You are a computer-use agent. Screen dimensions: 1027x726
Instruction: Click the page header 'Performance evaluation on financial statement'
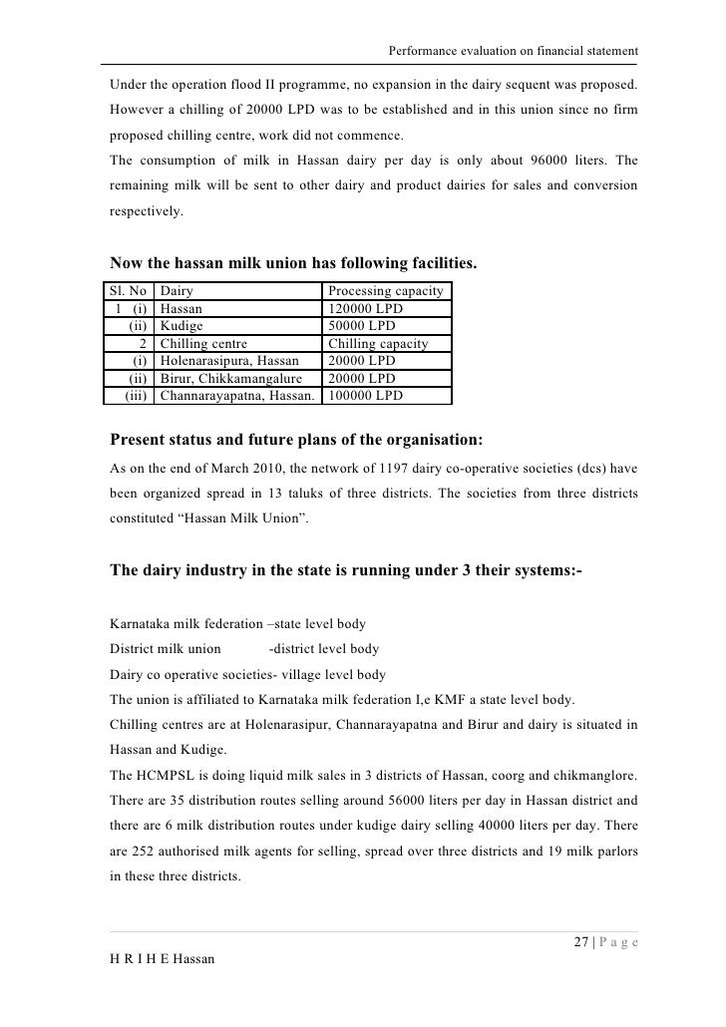point(513,51)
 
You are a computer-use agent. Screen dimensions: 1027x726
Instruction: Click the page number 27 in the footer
point(581,943)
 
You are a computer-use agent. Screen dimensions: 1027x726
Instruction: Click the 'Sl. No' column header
point(131,291)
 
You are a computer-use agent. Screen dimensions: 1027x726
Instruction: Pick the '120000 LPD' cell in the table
point(365,309)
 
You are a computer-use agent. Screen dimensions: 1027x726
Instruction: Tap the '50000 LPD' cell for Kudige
point(361,326)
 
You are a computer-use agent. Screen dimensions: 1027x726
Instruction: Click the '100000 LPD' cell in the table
point(365,396)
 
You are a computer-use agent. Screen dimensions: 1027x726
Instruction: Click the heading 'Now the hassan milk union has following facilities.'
point(293,264)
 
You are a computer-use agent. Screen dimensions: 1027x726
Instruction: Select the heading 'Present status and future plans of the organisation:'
point(297,440)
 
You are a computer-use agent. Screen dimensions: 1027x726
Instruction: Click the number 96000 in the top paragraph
point(529,161)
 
